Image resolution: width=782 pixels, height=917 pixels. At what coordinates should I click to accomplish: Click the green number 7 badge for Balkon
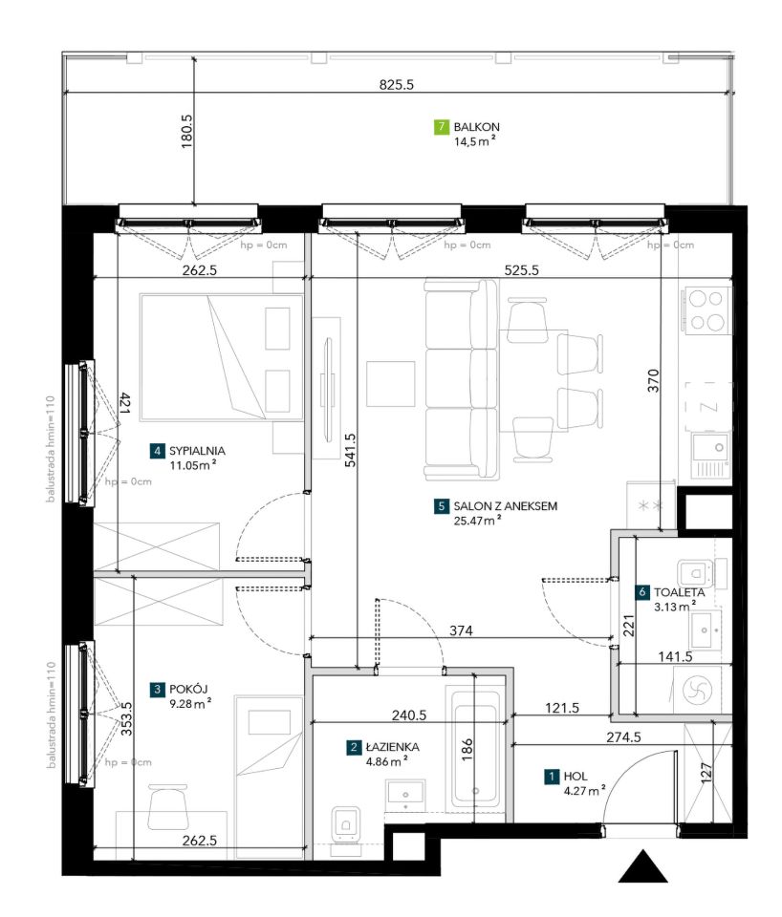pos(442,127)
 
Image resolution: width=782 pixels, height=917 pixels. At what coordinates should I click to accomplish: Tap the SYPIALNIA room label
pos(197,451)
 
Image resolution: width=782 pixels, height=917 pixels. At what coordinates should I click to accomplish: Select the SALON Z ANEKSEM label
pos(505,506)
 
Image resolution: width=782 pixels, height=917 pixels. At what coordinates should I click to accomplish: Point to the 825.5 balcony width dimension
pos(397,85)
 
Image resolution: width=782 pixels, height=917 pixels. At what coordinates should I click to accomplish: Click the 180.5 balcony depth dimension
pos(186,131)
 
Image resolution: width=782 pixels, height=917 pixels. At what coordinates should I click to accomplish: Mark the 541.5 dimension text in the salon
pos(350,450)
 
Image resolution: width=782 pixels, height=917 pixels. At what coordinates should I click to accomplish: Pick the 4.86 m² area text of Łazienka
pos(386,761)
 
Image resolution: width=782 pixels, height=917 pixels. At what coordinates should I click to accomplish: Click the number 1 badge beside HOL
pos(552,777)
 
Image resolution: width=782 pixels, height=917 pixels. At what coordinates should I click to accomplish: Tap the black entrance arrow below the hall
pos(642,866)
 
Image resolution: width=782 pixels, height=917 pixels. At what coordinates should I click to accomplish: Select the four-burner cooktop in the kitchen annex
pos(706,310)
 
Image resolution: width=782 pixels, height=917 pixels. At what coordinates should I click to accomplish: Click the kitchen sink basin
pos(710,448)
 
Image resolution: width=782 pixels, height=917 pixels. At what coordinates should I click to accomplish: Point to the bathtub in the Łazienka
pos(474,751)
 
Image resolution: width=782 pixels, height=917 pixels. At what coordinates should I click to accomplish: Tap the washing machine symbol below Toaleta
pos(698,690)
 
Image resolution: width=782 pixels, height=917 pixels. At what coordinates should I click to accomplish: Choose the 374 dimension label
pos(461,630)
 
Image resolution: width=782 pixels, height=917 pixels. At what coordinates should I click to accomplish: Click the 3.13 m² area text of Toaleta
pos(675,607)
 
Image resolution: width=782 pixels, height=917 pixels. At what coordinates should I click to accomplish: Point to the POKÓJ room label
pos(188,689)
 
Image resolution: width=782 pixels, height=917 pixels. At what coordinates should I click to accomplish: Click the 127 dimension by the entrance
pos(706,772)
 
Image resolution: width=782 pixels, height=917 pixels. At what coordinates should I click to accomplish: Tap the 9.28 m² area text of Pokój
pos(190,704)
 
